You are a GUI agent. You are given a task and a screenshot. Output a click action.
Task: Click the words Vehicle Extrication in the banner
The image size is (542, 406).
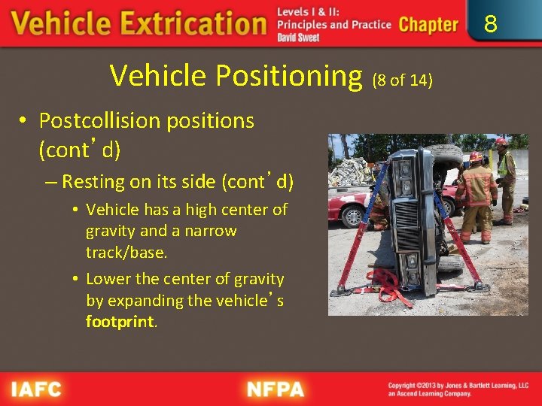pos(139,24)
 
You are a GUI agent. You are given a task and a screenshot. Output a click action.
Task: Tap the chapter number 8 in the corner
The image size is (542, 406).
pos(490,24)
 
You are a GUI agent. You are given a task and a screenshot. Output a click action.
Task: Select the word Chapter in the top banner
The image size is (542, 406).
pos(428,24)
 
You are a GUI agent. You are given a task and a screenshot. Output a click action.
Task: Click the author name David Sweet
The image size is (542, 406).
pos(298,38)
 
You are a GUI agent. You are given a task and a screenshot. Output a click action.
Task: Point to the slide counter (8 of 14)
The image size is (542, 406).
pos(403,80)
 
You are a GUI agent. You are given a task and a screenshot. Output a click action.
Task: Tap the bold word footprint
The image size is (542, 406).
pos(120,322)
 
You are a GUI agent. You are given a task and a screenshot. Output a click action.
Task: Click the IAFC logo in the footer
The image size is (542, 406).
pos(36,389)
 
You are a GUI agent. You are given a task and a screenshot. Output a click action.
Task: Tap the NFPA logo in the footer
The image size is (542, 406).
pos(276,389)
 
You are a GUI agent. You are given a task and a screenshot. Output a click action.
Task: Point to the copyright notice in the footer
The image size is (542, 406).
pos(458,389)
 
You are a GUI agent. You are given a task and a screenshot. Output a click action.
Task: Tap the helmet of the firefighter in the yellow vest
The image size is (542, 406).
pos(501,143)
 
